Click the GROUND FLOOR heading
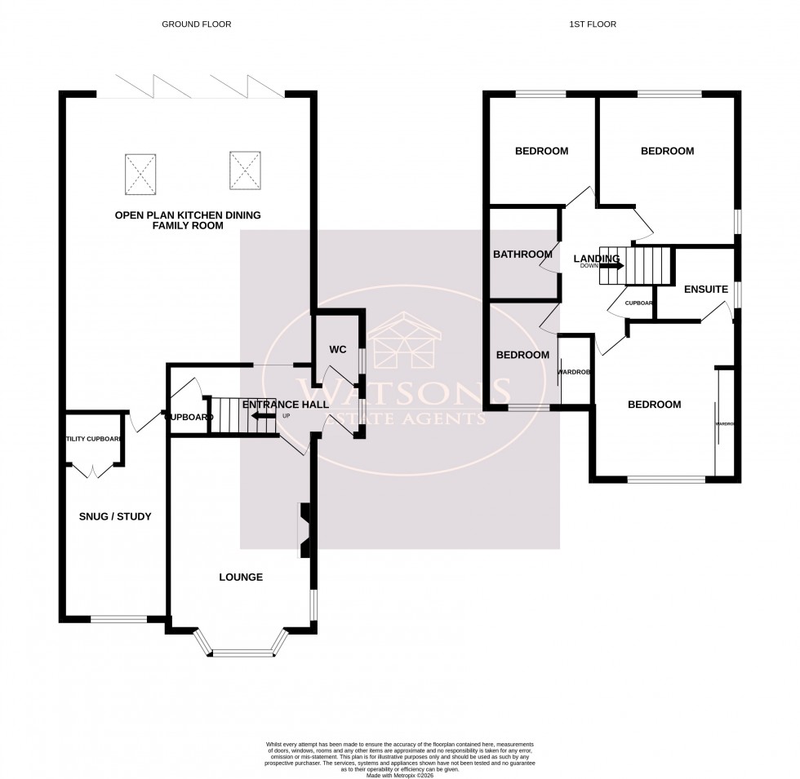197,24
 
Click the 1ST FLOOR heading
592,24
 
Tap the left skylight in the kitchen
139,174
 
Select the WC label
339,349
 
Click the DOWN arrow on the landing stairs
611,265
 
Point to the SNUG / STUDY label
115,516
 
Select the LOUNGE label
241,577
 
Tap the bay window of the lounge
242,652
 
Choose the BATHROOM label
522,255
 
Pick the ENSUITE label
706,289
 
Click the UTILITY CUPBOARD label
95,439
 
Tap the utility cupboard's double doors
92,471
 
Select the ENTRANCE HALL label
286,405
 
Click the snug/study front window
119,619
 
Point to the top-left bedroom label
541,151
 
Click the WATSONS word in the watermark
404,393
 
